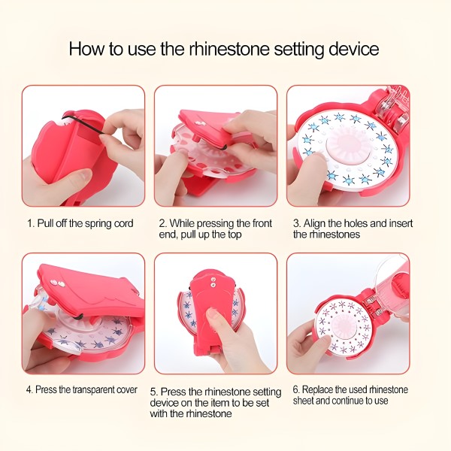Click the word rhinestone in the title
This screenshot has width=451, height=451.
(229, 49)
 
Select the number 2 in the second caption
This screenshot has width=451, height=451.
(162, 224)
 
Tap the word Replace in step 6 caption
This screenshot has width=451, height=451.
(318, 390)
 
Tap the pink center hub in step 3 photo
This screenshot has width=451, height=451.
(345, 142)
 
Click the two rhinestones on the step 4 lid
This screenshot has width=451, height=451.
(57, 283)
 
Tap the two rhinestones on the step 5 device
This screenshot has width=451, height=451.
(213, 282)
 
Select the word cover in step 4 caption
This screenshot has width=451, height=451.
(127, 390)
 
